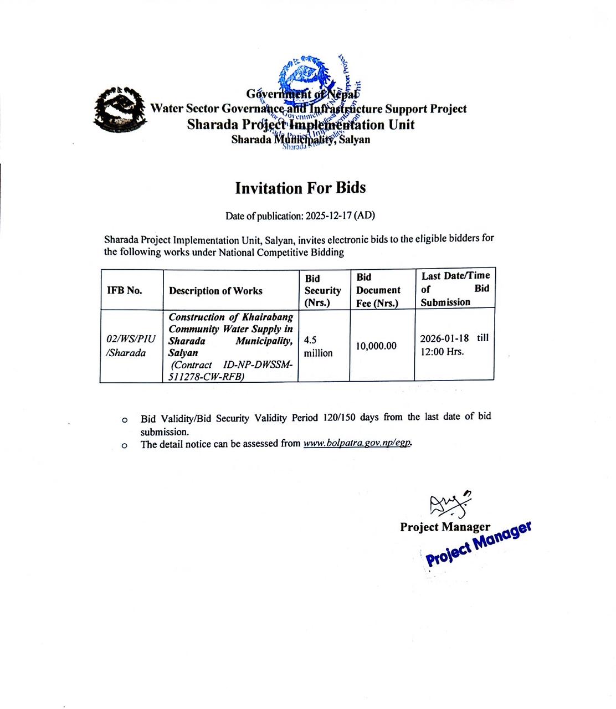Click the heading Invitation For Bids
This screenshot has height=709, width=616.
(300, 188)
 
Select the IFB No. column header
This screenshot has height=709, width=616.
(125, 290)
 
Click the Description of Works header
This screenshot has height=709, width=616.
(215, 291)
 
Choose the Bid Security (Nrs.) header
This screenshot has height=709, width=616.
(322, 290)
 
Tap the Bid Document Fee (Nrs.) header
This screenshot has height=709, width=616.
(378, 290)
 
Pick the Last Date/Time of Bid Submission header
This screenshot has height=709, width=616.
(455, 289)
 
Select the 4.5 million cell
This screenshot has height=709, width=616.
(318, 346)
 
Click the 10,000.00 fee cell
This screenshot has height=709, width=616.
(376, 346)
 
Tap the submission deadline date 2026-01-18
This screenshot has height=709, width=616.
(444, 338)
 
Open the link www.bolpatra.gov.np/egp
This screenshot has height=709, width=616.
(357, 444)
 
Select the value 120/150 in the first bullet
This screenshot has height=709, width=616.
(340, 417)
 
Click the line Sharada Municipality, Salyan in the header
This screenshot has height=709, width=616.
(301, 140)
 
